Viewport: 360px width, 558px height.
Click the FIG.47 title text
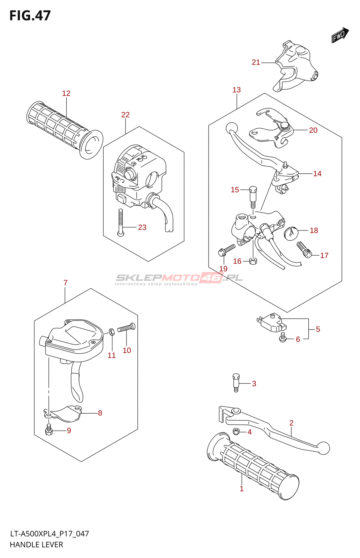[x=30, y=16]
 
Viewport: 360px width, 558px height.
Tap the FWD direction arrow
[x=340, y=35]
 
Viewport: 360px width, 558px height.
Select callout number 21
[x=256, y=62]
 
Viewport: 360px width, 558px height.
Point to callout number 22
[x=126, y=115]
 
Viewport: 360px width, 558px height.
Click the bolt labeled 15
[x=253, y=197]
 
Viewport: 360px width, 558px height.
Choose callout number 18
[x=314, y=231]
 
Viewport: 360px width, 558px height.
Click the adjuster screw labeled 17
[x=304, y=250]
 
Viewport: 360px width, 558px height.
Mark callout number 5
[x=318, y=329]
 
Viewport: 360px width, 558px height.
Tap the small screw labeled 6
[x=283, y=337]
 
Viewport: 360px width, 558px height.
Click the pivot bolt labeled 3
[x=236, y=383]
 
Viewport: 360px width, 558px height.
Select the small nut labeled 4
[x=236, y=431]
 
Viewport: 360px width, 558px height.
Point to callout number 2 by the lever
[x=291, y=423]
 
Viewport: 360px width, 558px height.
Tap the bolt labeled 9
[x=49, y=430]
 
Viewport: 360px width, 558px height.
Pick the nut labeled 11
[x=111, y=331]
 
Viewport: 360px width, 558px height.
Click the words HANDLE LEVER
[x=36, y=545]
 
